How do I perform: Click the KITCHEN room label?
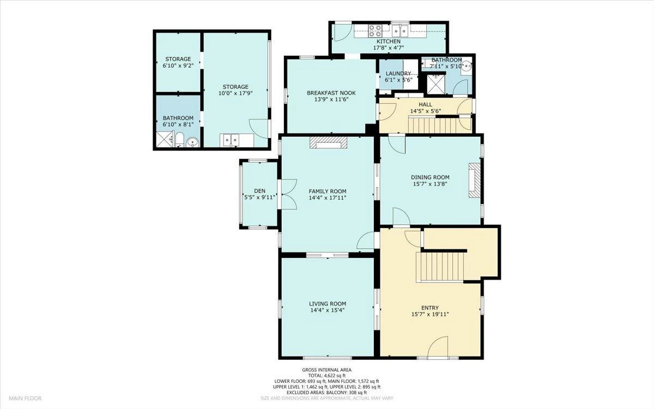(388, 41)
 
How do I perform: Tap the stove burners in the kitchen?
(375, 31)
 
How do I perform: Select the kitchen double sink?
(400, 31)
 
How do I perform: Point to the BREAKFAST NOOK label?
(331, 93)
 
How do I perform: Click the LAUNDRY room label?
(398, 73)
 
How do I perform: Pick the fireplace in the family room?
(329, 142)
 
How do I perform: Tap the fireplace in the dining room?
(475, 181)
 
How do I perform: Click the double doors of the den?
(287, 194)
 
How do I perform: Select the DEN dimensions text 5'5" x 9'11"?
(260, 197)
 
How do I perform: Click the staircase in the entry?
(440, 267)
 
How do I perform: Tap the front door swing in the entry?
(438, 346)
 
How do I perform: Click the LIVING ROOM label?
(328, 304)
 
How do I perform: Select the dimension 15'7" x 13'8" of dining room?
(430, 183)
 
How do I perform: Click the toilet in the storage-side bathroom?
(179, 140)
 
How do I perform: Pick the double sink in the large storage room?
(231, 140)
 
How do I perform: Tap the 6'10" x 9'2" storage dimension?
(178, 65)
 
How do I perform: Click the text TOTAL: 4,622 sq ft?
(326, 375)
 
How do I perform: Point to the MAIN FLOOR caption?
(25, 398)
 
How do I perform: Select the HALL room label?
(426, 104)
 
